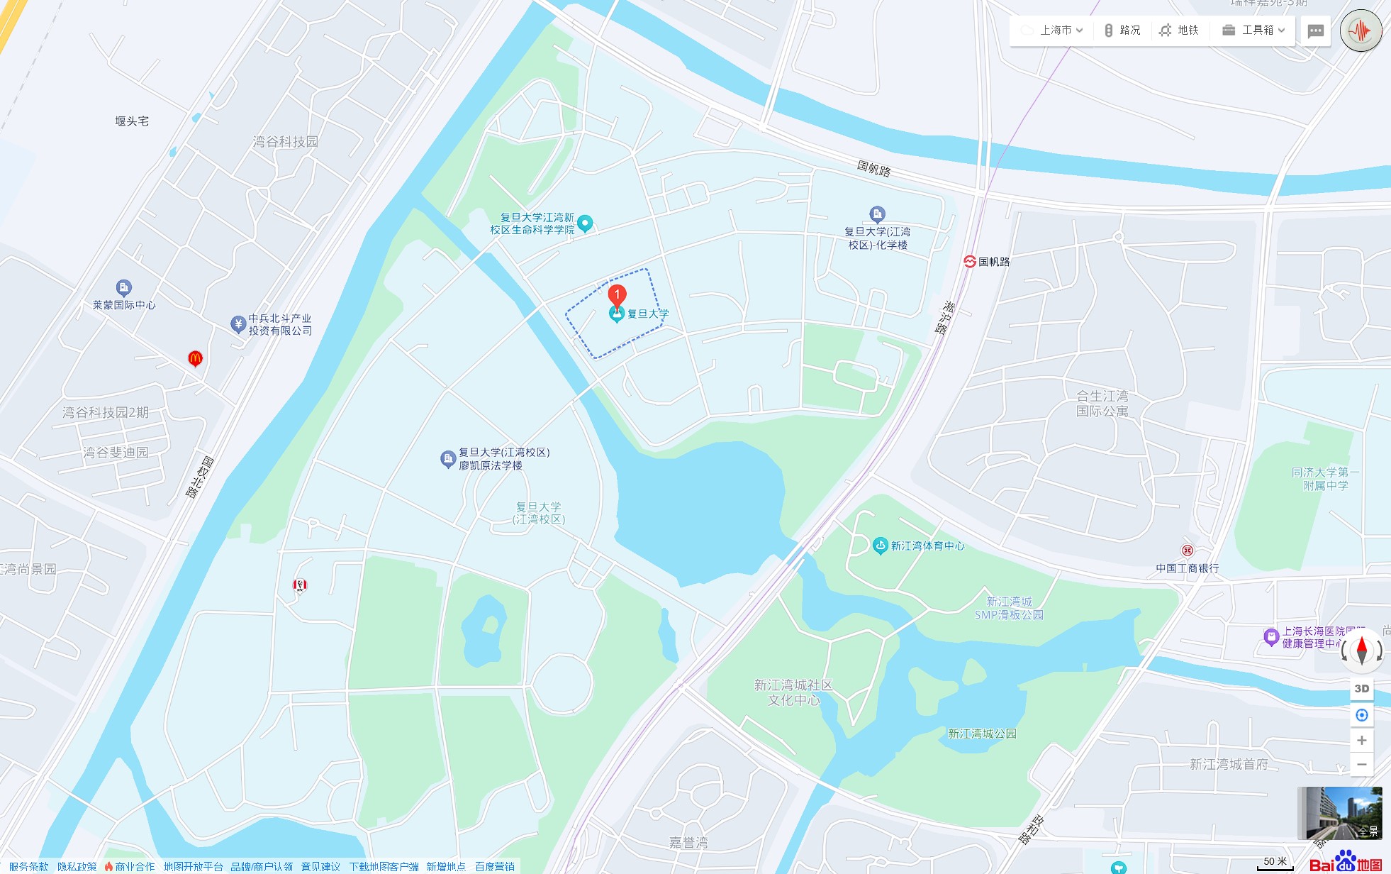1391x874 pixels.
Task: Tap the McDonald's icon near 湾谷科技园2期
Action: click(195, 358)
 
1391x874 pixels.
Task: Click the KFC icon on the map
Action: click(300, 585)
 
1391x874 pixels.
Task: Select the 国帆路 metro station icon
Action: click(970, 261)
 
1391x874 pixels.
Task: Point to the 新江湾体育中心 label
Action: click(927, 546)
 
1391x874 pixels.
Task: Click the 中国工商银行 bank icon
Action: click(1187, 551)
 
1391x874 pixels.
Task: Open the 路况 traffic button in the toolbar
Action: click(1122, 30)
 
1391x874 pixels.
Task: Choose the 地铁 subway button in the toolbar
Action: click(1179, 30)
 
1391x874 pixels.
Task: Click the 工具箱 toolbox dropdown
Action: click(1253, 30)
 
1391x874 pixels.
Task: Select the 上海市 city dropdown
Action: click(1053, 30)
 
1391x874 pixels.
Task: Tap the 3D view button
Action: click(1361, 689)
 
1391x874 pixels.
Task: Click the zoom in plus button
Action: click(1361, 741)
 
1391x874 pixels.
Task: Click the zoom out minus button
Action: click(1361, 765)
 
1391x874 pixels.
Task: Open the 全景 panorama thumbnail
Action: click(1339, 813)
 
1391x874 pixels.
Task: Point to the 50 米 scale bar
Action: click(1275, 863)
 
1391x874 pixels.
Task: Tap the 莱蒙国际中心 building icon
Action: click(124, 287)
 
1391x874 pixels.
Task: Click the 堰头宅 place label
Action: click(132, 121)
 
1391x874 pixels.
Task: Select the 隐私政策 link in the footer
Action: click(77, 866)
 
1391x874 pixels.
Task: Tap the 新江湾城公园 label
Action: click(982, 734)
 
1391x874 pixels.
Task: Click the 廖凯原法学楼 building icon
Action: click(447, 459)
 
